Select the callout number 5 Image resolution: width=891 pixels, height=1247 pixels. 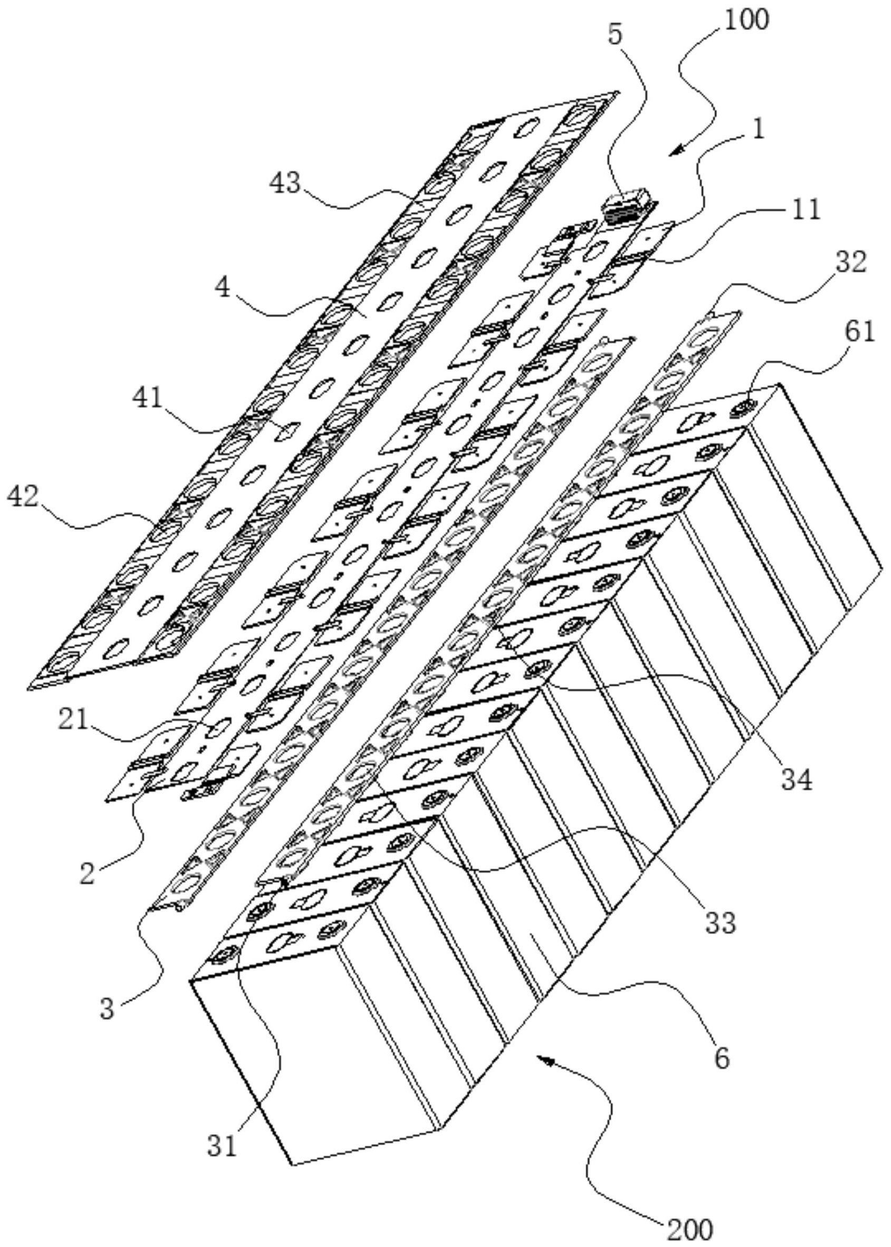point(616,34)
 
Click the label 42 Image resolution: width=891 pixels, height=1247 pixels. point(23,497)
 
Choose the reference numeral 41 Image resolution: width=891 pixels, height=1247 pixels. point(148,397)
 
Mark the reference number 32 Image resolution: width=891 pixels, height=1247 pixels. point(851,262)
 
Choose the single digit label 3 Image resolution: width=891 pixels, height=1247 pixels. point(108,1008)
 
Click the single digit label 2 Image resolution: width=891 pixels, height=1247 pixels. point(87,873)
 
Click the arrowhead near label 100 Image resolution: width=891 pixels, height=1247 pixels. point(677,150)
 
